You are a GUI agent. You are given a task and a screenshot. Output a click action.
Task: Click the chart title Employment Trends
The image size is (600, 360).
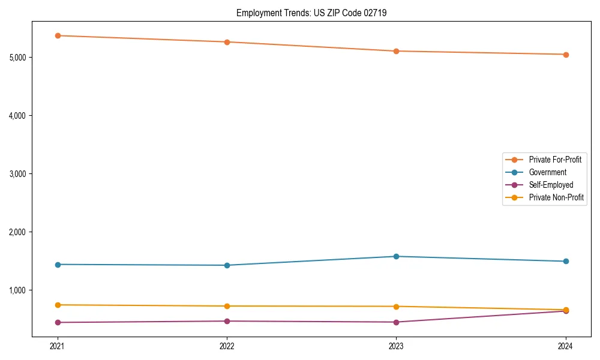tap(311, 13)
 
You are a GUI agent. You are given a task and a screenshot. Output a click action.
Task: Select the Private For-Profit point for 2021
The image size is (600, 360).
tap(58, 35)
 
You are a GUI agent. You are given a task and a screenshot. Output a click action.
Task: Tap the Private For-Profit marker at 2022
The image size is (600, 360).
tap(227, 42)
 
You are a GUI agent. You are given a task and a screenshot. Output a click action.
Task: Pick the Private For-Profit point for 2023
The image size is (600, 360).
tap(396, 51)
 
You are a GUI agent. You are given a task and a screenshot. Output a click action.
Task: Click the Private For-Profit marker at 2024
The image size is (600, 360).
tap(566, 55)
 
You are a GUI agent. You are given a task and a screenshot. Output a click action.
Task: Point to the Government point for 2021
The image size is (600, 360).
tap(58, 265)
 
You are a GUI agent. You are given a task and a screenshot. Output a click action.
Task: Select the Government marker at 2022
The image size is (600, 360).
tap(227, 265)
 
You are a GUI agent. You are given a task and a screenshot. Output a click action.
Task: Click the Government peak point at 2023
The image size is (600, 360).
tap(396, 256)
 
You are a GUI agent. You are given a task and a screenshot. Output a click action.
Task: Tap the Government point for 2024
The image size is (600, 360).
tap(566, 261)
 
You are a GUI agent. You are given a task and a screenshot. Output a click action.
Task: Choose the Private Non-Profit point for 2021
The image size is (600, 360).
tap(58, 305)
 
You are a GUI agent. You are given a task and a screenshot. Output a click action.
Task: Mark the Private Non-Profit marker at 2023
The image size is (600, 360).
tap(396, 307)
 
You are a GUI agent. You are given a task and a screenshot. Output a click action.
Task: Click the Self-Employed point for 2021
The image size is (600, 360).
tap(58, 322)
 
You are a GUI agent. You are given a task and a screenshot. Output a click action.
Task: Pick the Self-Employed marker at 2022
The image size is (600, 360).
tap(227, 321)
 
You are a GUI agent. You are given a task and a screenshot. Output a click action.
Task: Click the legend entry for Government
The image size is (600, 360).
tap(547, 172)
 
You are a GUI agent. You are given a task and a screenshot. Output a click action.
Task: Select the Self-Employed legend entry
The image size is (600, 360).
tap(551, 185)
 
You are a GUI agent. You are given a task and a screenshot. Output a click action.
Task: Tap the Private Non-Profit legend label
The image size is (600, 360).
tap(556, 197)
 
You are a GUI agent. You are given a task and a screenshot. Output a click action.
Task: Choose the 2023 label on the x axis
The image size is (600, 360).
tap(396, 346)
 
